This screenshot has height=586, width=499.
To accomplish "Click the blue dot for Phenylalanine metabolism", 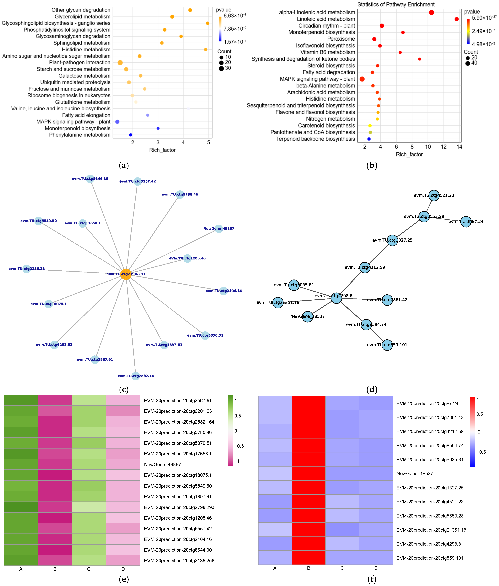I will pyautogui.click(x=131, y=135).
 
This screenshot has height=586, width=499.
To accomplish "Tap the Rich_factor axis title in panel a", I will pyautogui.click(x=162, y=150).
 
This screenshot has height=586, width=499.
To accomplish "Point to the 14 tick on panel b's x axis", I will pyautogui.click(x=459, y=147).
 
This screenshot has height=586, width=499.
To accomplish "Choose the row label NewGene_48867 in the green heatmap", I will pyautogui.click(x=162, y=465).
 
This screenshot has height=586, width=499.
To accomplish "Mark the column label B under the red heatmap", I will pyautogui.click(x=309, y=568).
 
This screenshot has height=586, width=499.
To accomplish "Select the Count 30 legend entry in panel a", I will pyautogui.click(x=225, y=68).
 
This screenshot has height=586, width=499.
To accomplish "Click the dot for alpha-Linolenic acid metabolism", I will pyautogui.click(x=431, y=12).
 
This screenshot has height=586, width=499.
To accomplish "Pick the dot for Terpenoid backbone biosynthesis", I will pyautogui.click(x=369, y=139).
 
